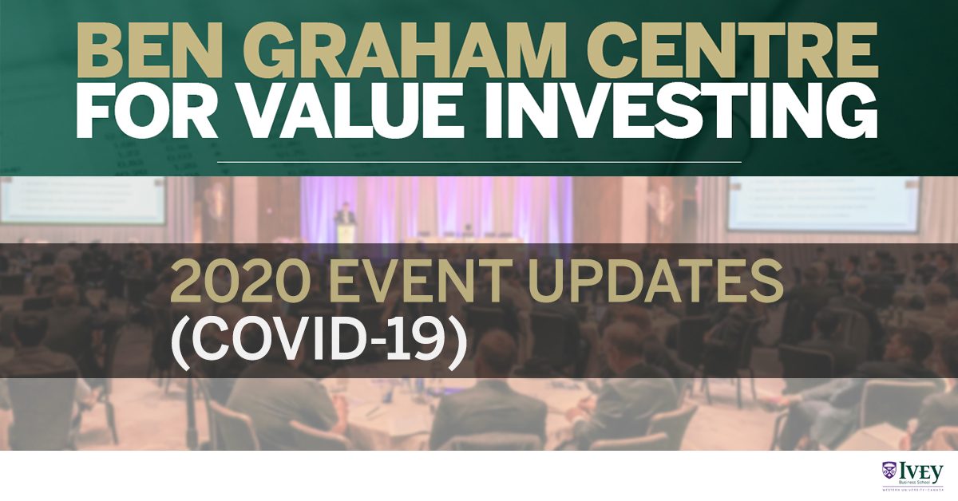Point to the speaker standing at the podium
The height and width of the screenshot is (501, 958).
pos(344,217)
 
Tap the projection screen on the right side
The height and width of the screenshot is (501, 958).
pos(822,203)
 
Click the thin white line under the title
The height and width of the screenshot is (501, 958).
pos(479,162)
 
